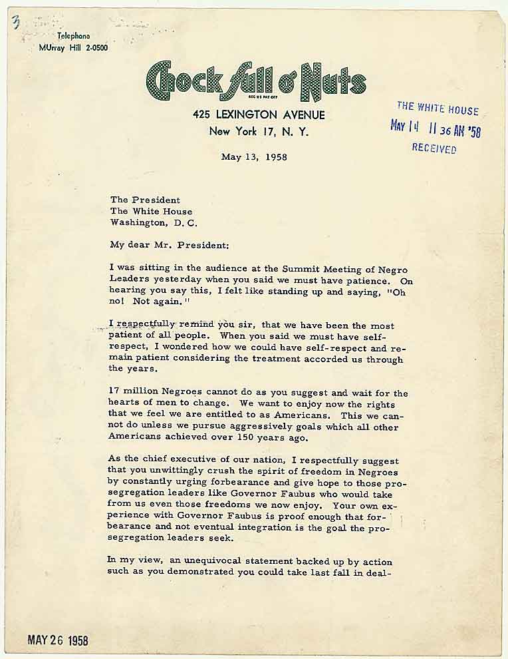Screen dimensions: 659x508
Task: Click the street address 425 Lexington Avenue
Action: coord(259,115)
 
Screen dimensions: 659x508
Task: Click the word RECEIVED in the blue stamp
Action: coord(434,148)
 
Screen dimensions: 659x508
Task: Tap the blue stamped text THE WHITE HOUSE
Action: coord(437,109)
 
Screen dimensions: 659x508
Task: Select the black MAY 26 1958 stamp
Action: coord(57,640)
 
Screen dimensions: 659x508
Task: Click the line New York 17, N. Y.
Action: coord(259,131)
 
